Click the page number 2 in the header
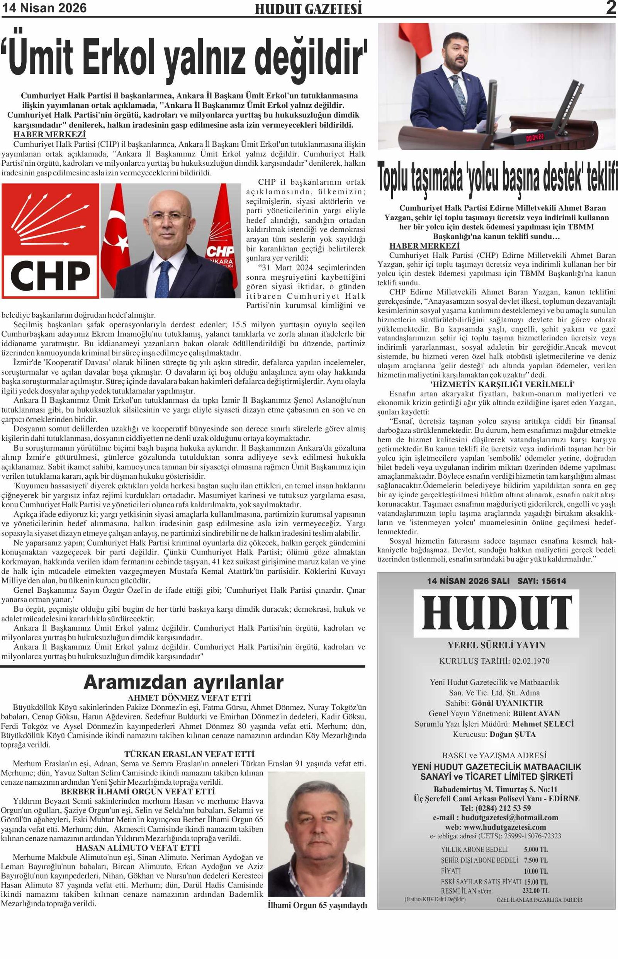pyautogui.click(x=611, y=8)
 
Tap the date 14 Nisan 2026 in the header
pyautogui.click(x=44, y=8)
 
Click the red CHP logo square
pyautogui.click(x=50, y=241)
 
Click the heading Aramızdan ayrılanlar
pyautogui.click(x=183, y=682)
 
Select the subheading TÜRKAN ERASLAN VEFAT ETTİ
pyautogui.click(x=189, y=754)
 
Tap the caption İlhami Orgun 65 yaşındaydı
pyautogui.click(x=317, y=906)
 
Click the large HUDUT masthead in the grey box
pyautogui.click(x=497, y=613)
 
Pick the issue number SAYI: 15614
pyautogui.click(x=542, y=581)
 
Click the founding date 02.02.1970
pyautogui.click(x=531, y=661)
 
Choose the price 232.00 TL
pyautogui.click(x=536, y=891)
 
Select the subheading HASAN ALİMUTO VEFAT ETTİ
pyautogui.click(x=138, y=847)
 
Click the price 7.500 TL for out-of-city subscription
pyautogui.click(x=536, y=860)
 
